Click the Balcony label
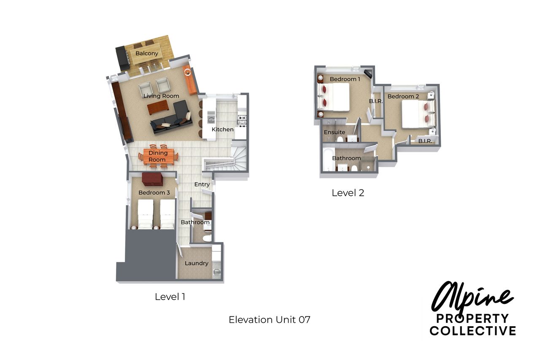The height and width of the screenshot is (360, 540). pos(147,53)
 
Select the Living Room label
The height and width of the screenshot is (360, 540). pos(161,96)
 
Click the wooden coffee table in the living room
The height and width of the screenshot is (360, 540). pos(158,107)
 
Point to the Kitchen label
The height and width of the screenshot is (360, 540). pos(222,130)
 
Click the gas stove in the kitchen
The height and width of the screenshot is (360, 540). pos(242,121)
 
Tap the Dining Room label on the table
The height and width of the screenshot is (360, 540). pos(158,156)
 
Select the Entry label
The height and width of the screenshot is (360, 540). pos(202,184)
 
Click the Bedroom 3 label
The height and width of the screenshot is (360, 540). pos(154,192)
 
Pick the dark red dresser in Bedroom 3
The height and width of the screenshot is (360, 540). pos(152,179)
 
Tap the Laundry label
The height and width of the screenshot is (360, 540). pos(197,263)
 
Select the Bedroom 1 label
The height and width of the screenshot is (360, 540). pos(345,79)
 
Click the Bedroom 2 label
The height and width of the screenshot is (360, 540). pos(403,97)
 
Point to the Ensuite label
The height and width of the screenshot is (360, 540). pos(335,132)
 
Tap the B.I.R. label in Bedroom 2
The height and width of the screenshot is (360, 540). pos(425,141)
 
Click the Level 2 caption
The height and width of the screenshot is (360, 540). pos(348,193)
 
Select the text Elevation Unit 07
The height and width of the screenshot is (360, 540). pos(270,320)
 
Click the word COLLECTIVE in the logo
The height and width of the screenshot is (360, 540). pos(473,330)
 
